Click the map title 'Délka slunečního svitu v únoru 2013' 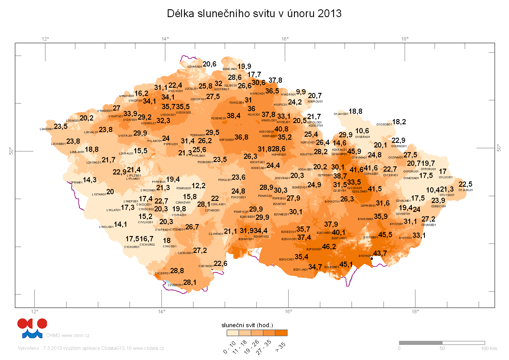coord(254,14)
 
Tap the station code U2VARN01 coord(194,67)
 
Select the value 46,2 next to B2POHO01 coord(329,247)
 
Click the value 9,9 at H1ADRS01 coord(301,92)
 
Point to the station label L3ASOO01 coord(46,129)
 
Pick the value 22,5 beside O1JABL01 coord(465,184)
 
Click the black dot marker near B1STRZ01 coord(372,258)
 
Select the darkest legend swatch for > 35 coord(281,333)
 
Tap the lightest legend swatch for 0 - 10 coord(233,333)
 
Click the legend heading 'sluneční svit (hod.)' coord(247,325)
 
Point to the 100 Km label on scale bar coord(489,348)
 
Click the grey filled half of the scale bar coord(420,343)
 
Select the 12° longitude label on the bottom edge coord(35,312)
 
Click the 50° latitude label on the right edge coord(499,148)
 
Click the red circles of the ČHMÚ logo coord(32,323)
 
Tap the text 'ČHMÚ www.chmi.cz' coord(68,336)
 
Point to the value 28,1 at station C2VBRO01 coord(189,282)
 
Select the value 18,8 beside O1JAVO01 coord(355,111)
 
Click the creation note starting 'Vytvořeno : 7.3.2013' coord(91,348)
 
